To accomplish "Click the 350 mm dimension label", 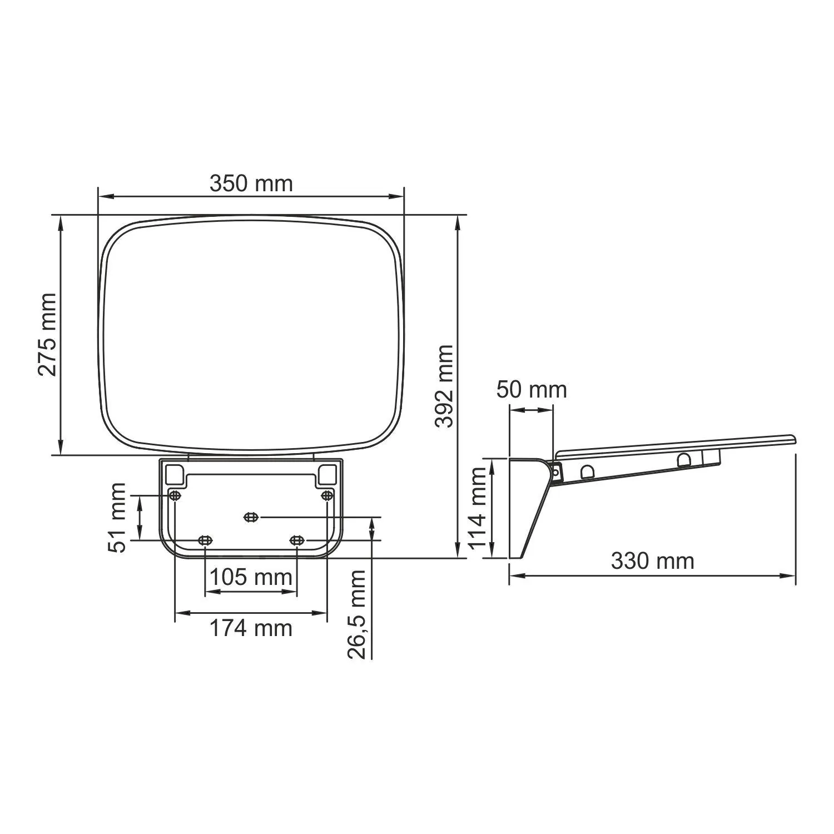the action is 251,183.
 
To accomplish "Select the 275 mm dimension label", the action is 47,335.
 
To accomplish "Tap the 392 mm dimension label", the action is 444,386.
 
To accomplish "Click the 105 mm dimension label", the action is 251,577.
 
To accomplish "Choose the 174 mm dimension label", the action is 251,628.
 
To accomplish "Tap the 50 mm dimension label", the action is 532,389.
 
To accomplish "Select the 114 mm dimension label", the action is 478,508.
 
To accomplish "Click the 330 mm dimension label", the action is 653,561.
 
